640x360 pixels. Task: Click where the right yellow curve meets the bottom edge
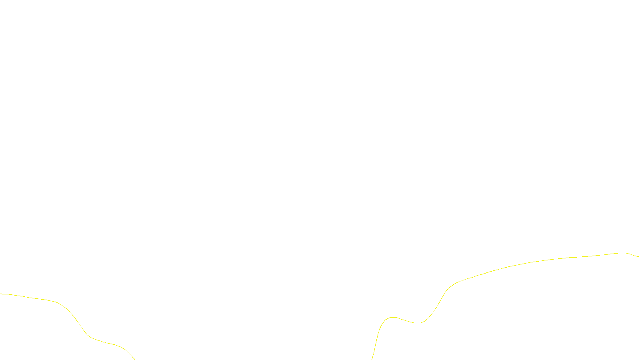pos(372,359)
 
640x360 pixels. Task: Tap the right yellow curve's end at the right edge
pos(639,257)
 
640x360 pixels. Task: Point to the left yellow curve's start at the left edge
pos(1,294)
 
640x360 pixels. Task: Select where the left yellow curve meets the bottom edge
pos(134,359)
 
